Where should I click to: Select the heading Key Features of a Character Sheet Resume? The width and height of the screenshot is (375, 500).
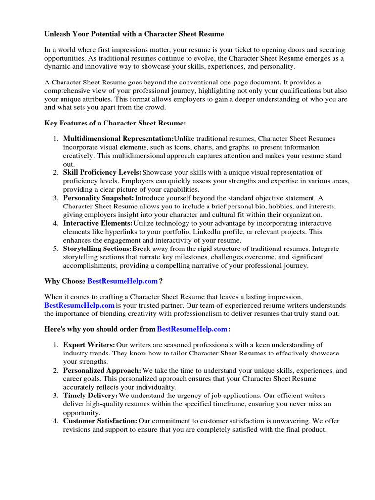pyautogui.click(x=115, y=124)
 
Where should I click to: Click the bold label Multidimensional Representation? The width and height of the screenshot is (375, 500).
pyautogui.click(x=118, y=139)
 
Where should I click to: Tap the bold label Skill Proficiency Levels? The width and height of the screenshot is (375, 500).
pyautogui.click(x=102, y=172)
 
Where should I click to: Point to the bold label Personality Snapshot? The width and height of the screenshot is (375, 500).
pyautogui.click(x=99, y=198)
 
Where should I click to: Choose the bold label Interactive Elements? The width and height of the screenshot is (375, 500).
pyautogui.click(x=98, y=223)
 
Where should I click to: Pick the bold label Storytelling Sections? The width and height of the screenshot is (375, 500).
pyautogui.click(x=98, y=249)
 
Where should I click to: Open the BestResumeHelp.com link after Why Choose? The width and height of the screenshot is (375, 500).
pyautogui.click(x=123, y=281)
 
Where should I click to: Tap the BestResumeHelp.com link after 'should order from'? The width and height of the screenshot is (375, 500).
pyautogui.click(x=192, y=329)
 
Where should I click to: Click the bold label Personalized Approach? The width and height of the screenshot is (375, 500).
pyautogui.click(x=102, y=370)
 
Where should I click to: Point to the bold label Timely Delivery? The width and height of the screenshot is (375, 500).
pyautogui.click(x=90, y=396)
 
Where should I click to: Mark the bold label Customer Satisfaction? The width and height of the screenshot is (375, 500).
pyautogui.click(x=100, y=421)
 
